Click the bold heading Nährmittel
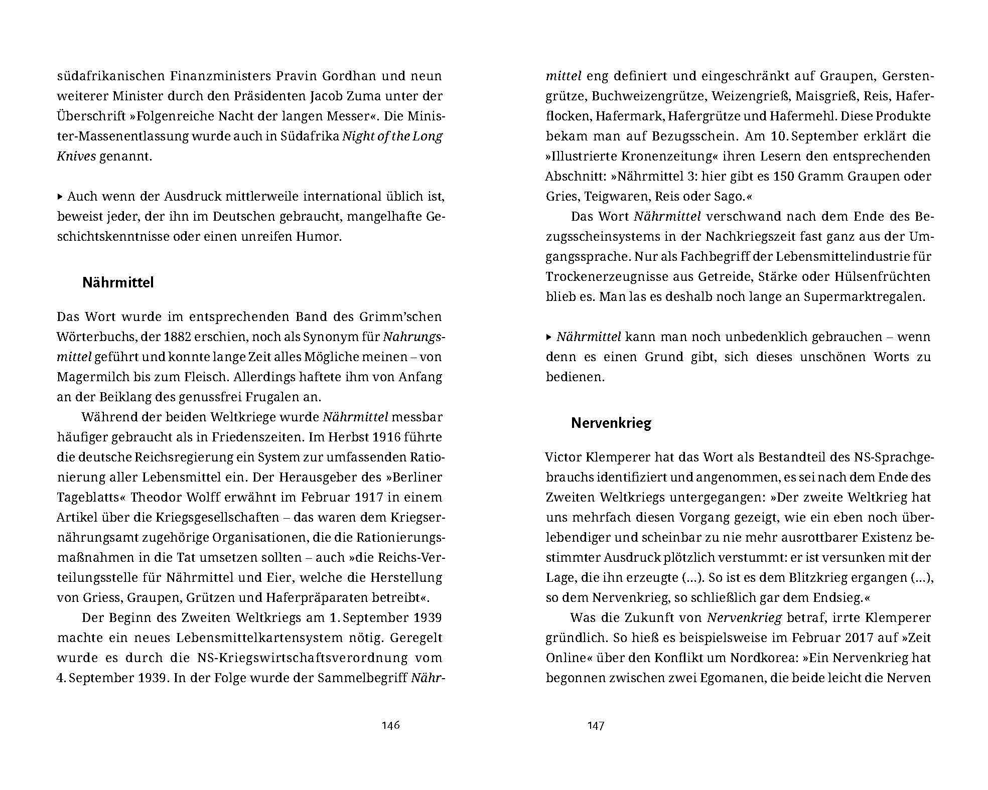pyautogui.click(x=118, y=283)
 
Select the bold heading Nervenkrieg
pyautogui.click(x=611, y=423)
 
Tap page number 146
pyautogui.click(x=390, y=725)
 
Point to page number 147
pyautogui.click(x=596, y=726)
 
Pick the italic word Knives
pyautogui.click(x=76, y=156)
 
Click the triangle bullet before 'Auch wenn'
pyautogui.click(x=61, y=196)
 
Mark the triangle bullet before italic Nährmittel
pyautogui.click(x=549, y=337)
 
